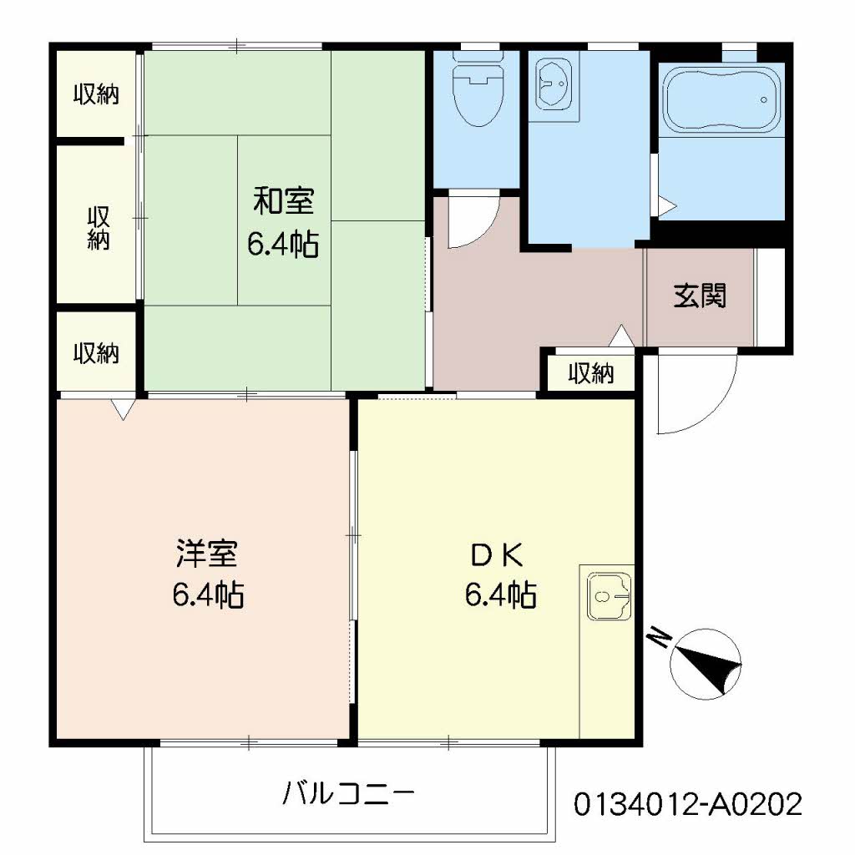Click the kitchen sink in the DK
tap(607, 595)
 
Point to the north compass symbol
tap(706, 665)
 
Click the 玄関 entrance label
tap(700, 296)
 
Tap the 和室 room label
tap(283, 202)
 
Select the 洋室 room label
tap(208, 553)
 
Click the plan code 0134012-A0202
tap(688, 804)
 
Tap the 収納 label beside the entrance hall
tap(591, 373)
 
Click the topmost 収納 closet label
tap(95, 94)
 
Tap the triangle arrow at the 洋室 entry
tap(123, 409)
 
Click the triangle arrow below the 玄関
tap(621, 336)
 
